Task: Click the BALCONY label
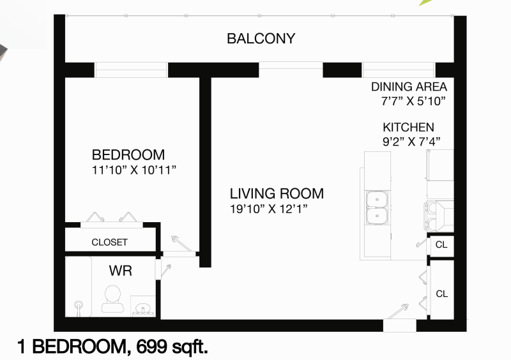(x=261, y=38)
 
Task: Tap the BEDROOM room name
(x=128, y=154)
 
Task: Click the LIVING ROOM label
(x=277, y=193)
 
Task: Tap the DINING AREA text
(x=409, y=87)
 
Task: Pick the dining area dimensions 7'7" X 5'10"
(x=412, y=101)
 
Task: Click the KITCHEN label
(x=408, y=127)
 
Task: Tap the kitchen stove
(x=439, y=214)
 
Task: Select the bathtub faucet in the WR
(x=79, y=308)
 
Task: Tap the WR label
(x=120, y=271)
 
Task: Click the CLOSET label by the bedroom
(x=109, y=243)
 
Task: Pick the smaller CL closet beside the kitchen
(x=441, y=244)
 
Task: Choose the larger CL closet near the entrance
(x=441, y=294)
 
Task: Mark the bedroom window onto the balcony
(x=131, y=69)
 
